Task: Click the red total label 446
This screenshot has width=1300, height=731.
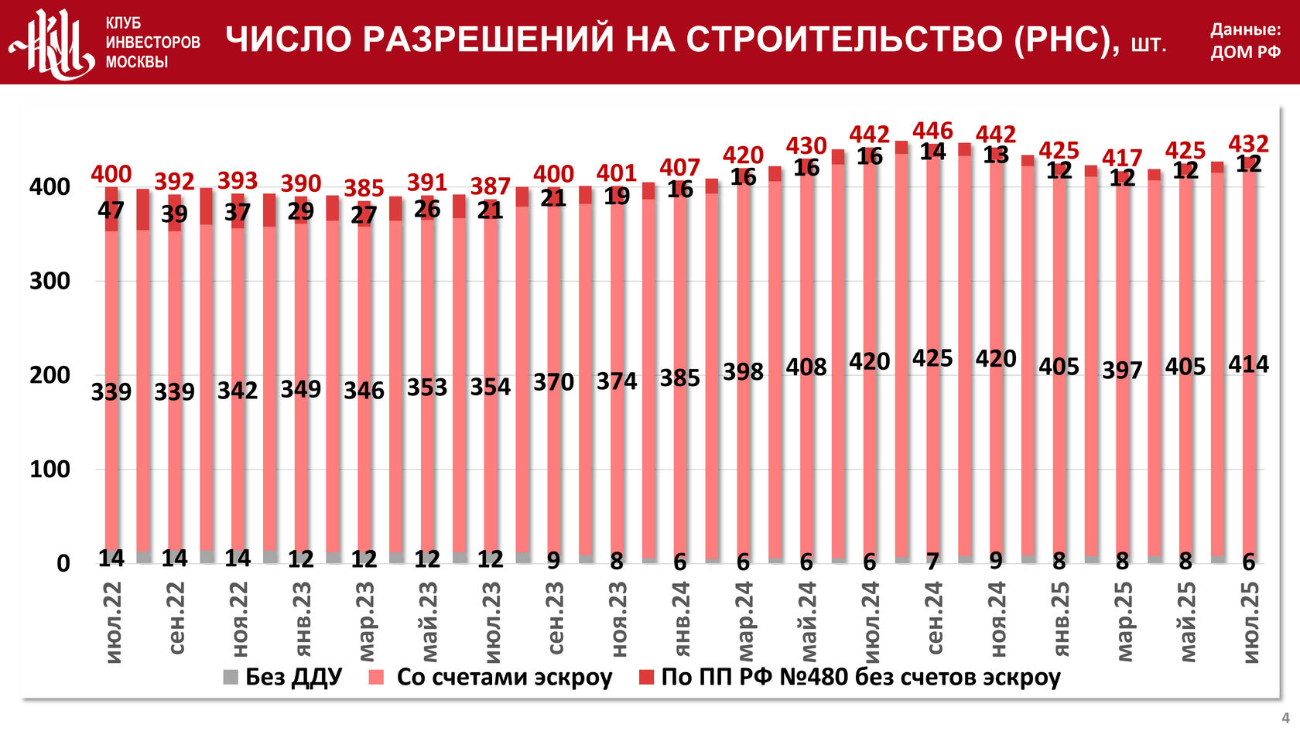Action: tap(932, 131)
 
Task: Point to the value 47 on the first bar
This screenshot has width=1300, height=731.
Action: tap(111, 210)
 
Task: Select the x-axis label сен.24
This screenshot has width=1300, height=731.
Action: tap(935, 618)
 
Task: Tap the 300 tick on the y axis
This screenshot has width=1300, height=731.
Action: tap(50, 282)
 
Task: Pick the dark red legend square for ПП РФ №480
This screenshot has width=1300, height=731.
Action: tap(647, 678)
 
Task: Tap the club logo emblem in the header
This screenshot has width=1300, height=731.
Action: tap(52, 43)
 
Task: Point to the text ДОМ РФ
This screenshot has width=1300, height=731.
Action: tap(1245, 53)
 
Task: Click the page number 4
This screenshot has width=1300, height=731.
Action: tap(1285, 718)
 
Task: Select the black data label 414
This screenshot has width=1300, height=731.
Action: tap(1248, 364)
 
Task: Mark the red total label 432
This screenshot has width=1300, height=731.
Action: tap(1248, 144)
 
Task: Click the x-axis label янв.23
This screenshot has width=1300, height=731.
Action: tap(303, 618)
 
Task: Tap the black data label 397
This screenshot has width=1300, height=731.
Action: tap(1122, 370)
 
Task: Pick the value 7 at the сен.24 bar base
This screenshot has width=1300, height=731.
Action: tap(932, 561)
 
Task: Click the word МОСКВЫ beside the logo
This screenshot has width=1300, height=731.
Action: tap(136, 62)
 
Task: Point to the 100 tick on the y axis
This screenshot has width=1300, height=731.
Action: tap(50, 470)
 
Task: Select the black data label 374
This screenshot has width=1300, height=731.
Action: tap(616, 381)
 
